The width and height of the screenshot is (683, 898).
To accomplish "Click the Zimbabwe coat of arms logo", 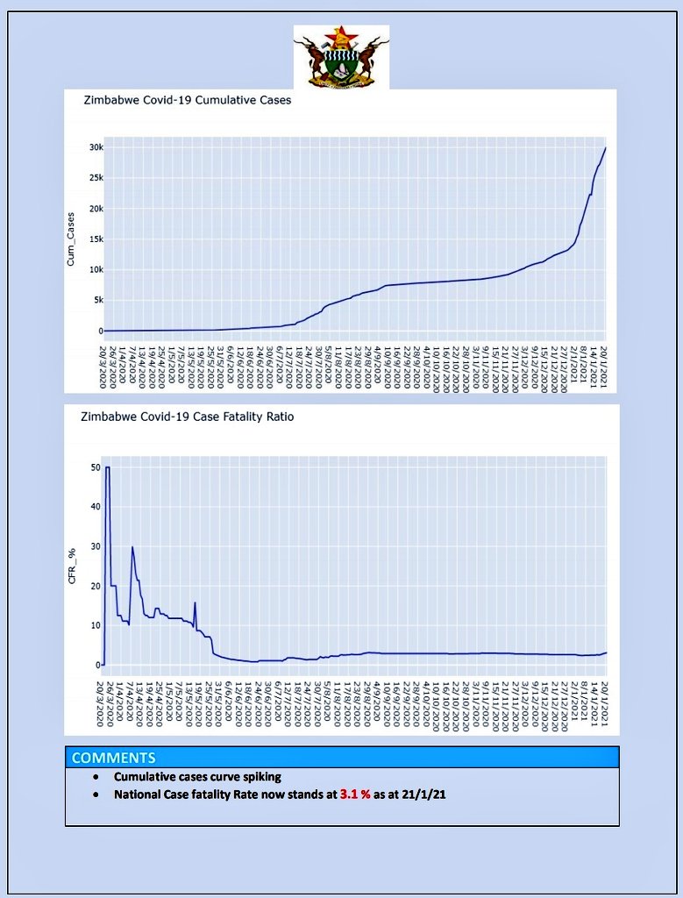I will coord(341,58).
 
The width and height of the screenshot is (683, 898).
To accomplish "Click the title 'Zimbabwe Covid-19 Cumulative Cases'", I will coord(187,100).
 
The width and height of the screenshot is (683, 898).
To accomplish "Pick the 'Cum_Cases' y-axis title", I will coord(71,239).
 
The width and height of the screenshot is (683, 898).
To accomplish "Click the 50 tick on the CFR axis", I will coord(95,467).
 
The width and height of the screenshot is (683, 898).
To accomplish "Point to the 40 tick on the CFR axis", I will coord(95,507).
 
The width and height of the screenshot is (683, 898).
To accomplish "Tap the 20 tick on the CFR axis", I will coord(95,586).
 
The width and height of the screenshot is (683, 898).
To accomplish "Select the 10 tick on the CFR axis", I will coord(95,625).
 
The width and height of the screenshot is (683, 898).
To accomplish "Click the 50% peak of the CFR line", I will coord(108,467).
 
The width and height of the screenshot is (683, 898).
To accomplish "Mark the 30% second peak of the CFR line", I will coord(132,547).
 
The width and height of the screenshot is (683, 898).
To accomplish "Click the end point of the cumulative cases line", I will coord(606,148).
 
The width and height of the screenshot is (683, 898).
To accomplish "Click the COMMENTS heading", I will coord(113,758).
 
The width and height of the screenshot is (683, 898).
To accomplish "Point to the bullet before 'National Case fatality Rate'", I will coord(96,795).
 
